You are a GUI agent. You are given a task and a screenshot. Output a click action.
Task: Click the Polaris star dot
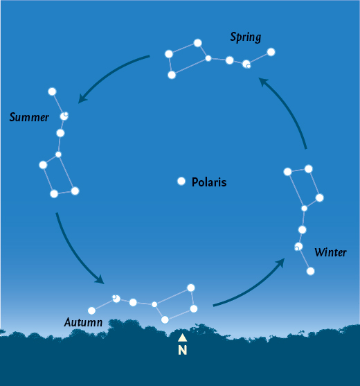(181, 181)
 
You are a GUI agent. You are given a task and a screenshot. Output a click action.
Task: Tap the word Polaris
(209, 182)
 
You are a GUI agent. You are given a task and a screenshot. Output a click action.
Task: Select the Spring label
(245, 37)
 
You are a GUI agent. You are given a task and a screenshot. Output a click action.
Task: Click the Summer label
(29, 117)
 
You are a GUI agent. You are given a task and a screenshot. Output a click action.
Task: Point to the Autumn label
(83, 322)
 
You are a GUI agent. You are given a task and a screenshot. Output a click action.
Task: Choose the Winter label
(330, 252)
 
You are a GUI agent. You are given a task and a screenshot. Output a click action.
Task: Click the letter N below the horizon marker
(183, 350)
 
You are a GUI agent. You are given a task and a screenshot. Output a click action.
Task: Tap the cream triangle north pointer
(183, 337)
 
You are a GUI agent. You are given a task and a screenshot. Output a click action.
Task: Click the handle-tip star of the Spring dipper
(271, 52)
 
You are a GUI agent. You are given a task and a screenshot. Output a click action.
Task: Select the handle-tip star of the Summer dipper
(52, 91)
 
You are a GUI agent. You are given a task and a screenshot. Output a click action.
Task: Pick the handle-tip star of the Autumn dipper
(91, 310)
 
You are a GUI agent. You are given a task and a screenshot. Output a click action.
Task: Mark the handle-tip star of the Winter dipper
(311, 271)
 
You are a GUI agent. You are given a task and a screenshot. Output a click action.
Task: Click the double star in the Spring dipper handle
(246, 64)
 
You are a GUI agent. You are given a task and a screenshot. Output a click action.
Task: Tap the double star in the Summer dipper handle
(64, 116)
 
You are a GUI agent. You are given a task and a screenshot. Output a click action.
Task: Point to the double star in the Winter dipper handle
(298, 247)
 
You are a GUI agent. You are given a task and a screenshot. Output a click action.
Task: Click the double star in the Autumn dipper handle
(116, 299)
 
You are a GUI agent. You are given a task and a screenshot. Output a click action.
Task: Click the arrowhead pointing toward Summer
(82, 98)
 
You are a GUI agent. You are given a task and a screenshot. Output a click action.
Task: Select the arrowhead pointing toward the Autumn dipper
(100, 279)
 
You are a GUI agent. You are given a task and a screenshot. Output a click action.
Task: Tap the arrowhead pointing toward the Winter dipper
(280, 263)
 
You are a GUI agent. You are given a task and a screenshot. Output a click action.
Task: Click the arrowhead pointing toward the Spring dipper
(263, 82)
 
